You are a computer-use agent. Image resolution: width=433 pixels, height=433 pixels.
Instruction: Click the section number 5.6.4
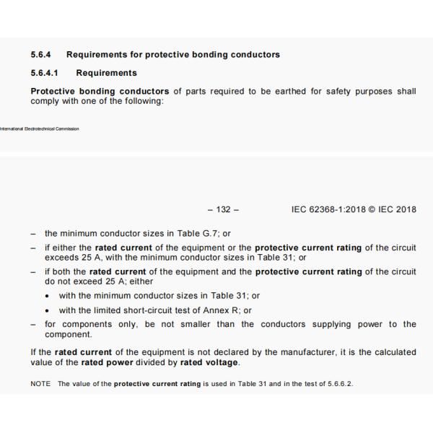click(x=42, y=55)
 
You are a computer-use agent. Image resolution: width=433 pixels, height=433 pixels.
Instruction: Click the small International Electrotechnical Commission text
click(x=40, y=129)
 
